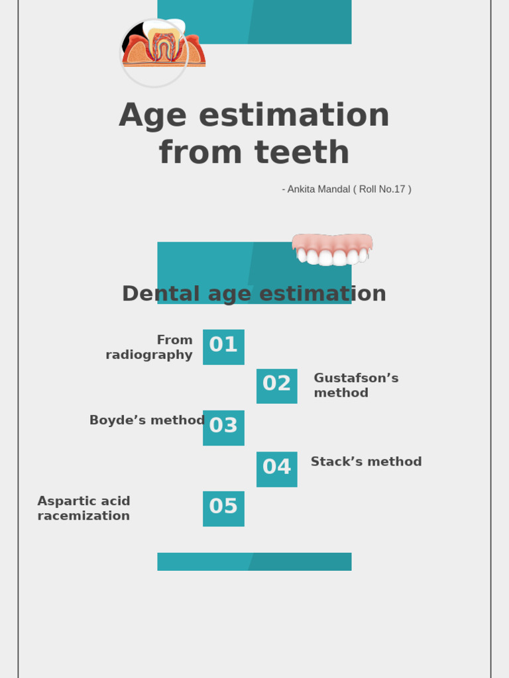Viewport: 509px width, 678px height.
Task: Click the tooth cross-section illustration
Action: (x=163, y=48)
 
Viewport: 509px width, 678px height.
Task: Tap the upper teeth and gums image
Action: (x=332, y=250)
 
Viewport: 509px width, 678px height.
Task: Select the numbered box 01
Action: (x=223, y=346)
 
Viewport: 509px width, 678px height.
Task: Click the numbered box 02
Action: (x=276, y=385)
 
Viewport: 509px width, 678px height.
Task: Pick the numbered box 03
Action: (x=223, y=427)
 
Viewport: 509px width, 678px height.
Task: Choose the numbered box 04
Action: (x=276, y=469)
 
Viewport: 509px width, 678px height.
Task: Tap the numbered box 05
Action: (x=223, y=508)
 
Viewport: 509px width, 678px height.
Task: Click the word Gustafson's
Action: (x=356, y=378)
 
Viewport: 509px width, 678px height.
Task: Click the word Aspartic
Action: (x=64, y=501)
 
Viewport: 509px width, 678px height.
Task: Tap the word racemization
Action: (x=84, y=516)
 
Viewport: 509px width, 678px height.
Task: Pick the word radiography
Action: (x=149, y=355)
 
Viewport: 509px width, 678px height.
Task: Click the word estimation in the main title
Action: (x=294, y=115)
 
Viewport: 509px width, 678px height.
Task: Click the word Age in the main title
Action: (x=152, y=115)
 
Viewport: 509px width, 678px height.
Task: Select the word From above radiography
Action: (x=174, y=340)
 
